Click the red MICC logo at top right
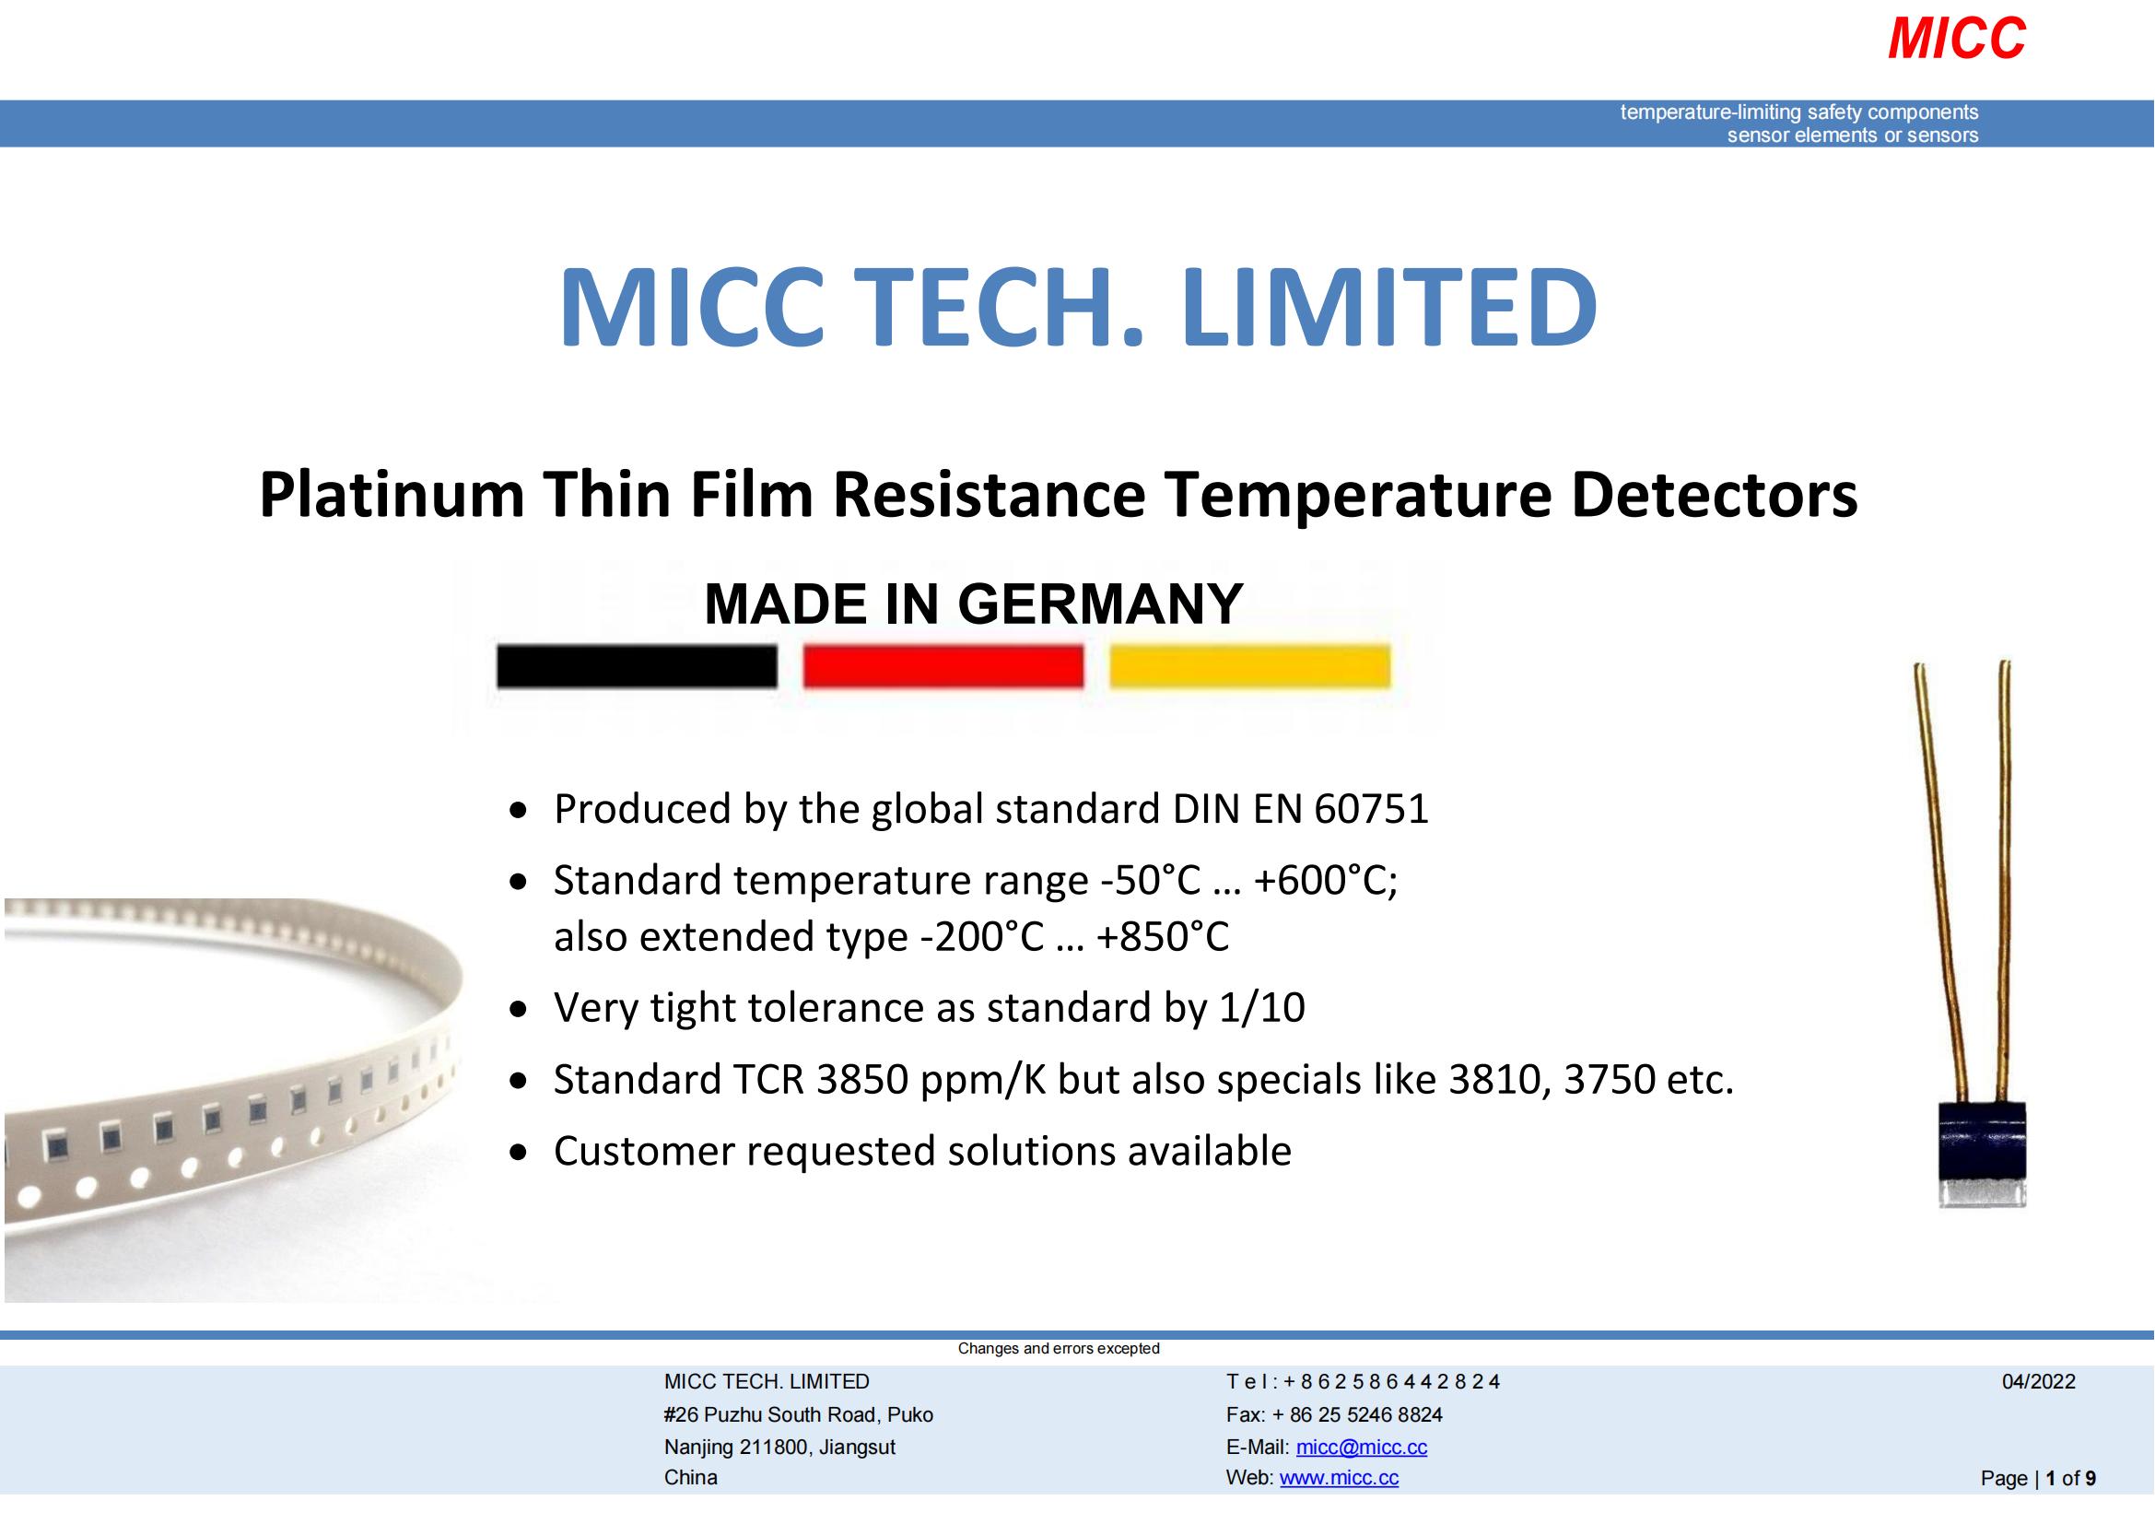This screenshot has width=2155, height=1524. click(1956, 40)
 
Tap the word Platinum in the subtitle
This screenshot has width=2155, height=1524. click(392, 496)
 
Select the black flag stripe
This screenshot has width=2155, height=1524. click(637, 666)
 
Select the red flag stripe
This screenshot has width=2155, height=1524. click(943, 666)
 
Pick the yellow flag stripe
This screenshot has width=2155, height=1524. click(1249, 666)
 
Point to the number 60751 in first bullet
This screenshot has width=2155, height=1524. click(1371, 809)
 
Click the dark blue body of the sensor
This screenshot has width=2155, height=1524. click(1983, 1139)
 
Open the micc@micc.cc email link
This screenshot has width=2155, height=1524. click(1361, 1447)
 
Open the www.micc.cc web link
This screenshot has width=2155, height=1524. click(1339, 1478)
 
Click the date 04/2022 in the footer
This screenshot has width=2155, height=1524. click(2038, 1381)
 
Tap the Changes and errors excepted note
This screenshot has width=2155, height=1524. click(1058, 1349)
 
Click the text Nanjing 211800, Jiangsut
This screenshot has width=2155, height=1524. click(779, 1447)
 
